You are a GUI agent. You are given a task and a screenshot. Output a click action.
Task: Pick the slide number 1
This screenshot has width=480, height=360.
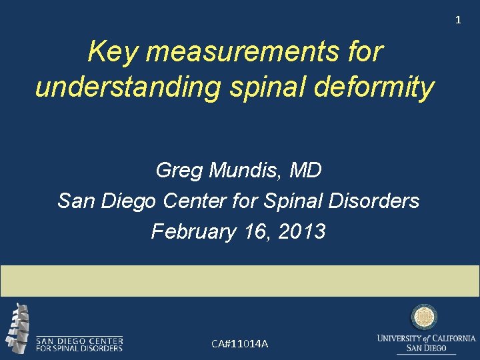(x=458, y=20)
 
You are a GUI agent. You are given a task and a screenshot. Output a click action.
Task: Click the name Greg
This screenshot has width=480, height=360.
(x=179, y=171)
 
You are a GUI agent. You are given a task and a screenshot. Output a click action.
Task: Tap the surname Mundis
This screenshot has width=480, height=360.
(x=247, y=171)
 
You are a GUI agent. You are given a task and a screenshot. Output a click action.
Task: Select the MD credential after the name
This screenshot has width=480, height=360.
(x=306, y=171)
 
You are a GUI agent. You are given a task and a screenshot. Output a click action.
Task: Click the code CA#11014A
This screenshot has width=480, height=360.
(x=239, y=344)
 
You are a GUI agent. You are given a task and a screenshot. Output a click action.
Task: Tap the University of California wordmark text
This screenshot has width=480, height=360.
(x=426, y=343)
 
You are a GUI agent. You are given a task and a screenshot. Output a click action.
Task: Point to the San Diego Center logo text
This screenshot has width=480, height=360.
(x=79, y=343)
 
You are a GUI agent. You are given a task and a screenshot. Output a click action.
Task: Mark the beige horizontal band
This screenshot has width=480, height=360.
(x=240, y=281)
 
